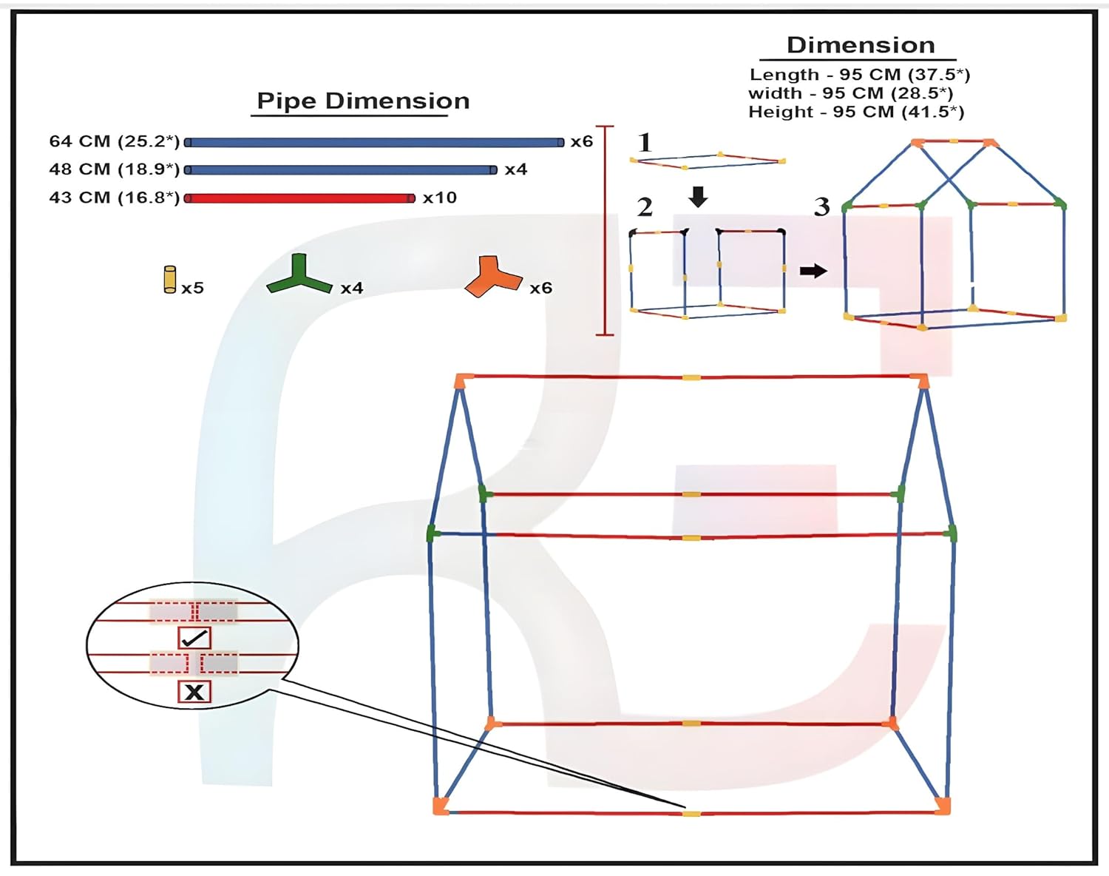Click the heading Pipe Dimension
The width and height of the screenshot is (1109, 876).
click(x=363, y=101)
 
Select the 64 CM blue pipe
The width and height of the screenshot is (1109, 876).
click(x=374, y=142)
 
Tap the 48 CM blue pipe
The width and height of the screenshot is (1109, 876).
click(x=341, y=169)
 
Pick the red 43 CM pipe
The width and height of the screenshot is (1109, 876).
click(x=299, y=198)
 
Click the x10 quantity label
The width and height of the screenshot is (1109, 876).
click(x=440, y=198)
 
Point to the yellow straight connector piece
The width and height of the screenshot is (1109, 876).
click(x=169, y=280)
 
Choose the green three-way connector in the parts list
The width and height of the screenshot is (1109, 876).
click(x=299, y=274)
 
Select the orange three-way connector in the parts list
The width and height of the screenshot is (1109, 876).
click(x=493, y=277)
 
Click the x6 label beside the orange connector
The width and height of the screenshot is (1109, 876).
click(x=541, y=288)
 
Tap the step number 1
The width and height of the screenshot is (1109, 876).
click(x=645, y=142)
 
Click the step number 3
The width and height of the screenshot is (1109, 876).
click(x=822, y=207)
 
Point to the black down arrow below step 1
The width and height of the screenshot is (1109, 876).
click(x=698, y=197)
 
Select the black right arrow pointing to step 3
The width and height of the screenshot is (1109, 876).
click(x=813, y=270)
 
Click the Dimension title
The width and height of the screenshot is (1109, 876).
click(x=861, y=45)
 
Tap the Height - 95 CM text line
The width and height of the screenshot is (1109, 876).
click(x=856, y=112)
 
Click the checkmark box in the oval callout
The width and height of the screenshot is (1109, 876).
click(x=194, y=639)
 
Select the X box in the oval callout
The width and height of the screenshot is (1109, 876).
click(x=194, y=692)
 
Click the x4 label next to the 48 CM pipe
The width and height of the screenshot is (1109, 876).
click(x=516, y=169)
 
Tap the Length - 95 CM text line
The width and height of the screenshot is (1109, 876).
click(x=860, y=75)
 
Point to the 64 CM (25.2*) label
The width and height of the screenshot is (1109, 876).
click(x=115, y=141)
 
